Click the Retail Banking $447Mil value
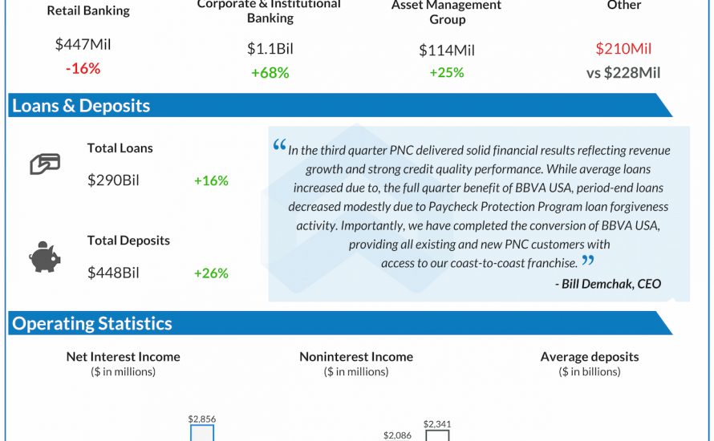[x=83, y=45]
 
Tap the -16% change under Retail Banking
[x=83, y=69]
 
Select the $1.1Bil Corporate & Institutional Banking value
[x=270, y=49]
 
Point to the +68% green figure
[x=270, y=73]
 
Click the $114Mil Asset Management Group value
[x=447, y=50]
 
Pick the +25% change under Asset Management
[x=447, y=73]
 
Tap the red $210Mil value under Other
[x=623, y=49]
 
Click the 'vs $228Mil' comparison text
[x=623, y=73]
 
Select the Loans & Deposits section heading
[x=81, y=106]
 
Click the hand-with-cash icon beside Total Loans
[x=45, y=164]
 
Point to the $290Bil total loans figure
[x=113, y=180]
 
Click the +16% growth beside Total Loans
[x=211, y=180]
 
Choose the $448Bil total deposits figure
[x=113, y=273]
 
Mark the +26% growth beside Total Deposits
[x=211, y=273]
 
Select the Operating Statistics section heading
[x=92, y=324]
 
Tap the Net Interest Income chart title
[x=123, y=357]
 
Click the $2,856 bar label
[x=202, y=419]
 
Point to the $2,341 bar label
[x=438, y=424]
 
